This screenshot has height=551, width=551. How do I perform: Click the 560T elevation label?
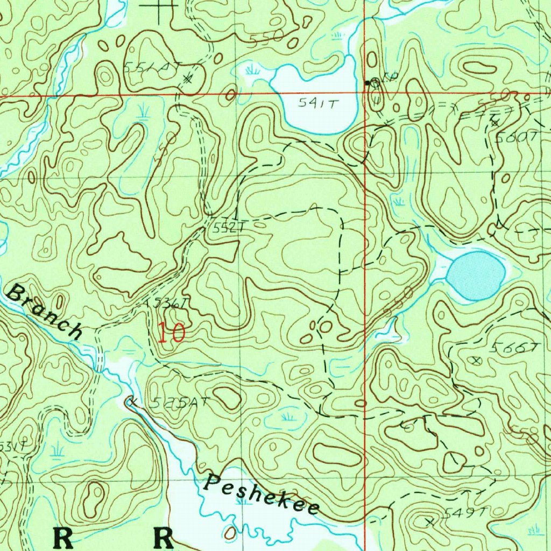pos(515,137)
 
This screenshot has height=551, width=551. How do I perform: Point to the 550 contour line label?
pos(266,37)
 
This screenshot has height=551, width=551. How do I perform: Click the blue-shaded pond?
pos(476,275)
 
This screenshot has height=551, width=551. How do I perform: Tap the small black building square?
pos(368,83)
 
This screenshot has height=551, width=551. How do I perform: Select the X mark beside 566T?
pos(475,359)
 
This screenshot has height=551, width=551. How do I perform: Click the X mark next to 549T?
pos(429,521)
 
